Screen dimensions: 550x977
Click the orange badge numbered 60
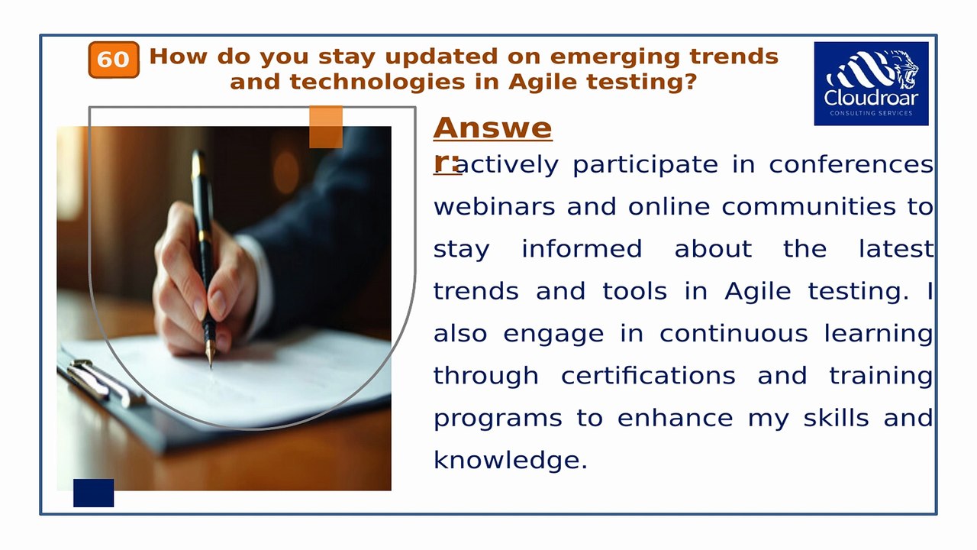114,60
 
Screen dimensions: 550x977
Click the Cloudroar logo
871,83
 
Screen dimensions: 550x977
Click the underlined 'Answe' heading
492,128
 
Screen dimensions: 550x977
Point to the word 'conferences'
851,165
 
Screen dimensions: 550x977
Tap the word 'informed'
582,249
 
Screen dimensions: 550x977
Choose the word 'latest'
895,249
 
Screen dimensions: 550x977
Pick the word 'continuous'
734,334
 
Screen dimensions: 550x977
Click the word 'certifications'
648,376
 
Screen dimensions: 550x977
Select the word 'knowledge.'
510,460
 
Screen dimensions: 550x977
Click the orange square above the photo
326,127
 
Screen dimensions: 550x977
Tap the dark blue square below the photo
93,493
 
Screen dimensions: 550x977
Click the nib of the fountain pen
211,356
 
